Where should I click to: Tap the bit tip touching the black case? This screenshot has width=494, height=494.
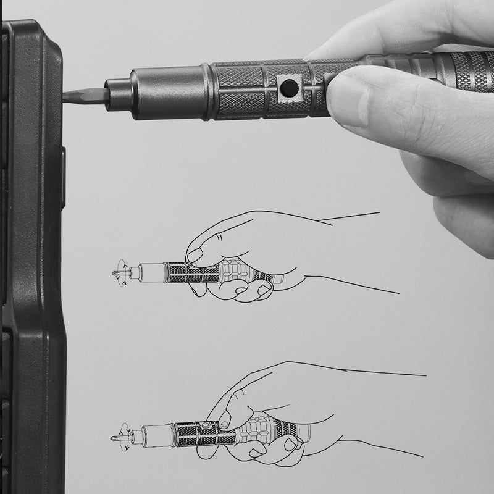77,96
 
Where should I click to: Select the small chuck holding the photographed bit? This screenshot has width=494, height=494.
117,93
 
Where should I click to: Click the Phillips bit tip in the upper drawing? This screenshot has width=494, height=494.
116,272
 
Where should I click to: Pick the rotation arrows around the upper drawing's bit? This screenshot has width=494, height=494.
124,272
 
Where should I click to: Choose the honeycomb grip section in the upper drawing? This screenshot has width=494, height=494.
238,272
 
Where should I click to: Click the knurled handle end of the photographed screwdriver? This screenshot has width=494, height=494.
469,71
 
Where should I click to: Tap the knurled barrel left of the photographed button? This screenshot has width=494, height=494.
241,90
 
